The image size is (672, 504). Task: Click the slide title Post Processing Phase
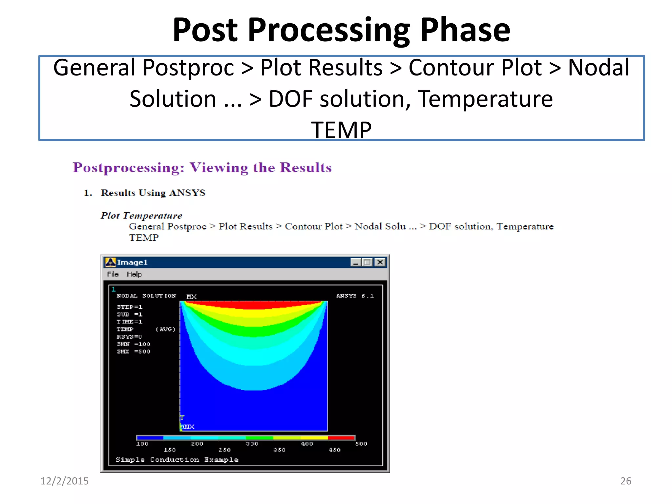[x=341, y=30]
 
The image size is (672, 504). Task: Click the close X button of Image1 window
[x=380, y=262]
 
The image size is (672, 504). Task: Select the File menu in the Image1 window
[x=113, y=274]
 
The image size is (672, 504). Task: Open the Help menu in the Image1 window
[x=134, y=274]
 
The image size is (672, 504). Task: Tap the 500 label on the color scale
[x=361, y=444]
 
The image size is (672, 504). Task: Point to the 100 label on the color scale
[x=142, y=444]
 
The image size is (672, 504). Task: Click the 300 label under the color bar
[x=252, y=444]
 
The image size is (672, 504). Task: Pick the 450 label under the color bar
[x=334, y=450]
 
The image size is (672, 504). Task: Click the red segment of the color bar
[x=341, y=438]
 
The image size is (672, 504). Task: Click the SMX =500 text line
[x=134, y=352]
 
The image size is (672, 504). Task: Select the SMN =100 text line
[x=134, y=344]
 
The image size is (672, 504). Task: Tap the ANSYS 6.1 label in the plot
[x=355, y=296]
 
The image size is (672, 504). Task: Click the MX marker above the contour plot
[x=191, y=297]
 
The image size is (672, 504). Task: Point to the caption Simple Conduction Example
[x=177, y=460]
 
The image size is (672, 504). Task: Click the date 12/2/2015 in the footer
[x=64, y=481]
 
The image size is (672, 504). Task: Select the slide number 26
[x=625, y=481]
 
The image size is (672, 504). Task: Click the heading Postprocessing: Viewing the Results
[x=202, y=168]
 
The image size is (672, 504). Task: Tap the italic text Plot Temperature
[x=141, y=216]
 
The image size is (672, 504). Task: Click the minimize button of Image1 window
[x=355, y=262]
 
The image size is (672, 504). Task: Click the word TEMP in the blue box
[x=341, y=130]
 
